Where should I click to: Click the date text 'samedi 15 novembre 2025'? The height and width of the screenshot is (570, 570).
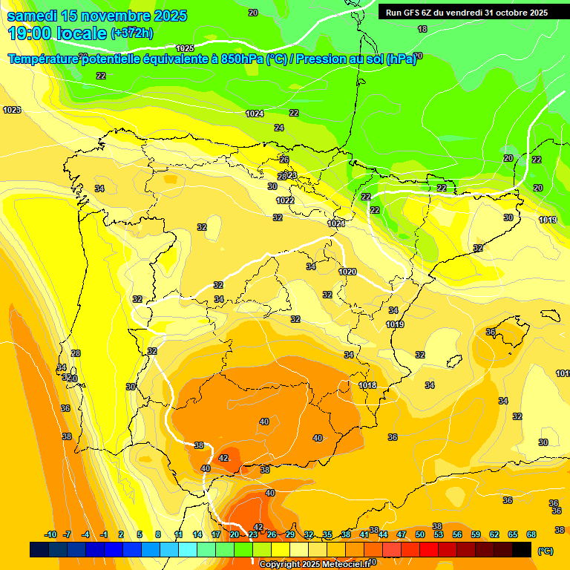click(x=96, y=16)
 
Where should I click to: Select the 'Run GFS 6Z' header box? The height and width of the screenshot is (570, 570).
click(x=466, y=12)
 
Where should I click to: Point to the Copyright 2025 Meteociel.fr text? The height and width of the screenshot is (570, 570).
click(x=314, y=564)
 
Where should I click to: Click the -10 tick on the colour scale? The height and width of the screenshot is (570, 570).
click(x=50, y=534)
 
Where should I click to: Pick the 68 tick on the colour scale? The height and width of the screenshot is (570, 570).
click(x=531, y=534)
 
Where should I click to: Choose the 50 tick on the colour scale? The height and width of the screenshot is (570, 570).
click(x=420, y=534)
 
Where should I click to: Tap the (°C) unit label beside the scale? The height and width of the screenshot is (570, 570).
click(x=545, y=551)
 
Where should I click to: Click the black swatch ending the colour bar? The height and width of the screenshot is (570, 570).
click(x=522, y=550)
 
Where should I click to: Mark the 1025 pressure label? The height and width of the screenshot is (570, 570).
click(x=185, y=48)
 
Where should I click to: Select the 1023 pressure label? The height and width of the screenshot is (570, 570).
click(x=12, y=110)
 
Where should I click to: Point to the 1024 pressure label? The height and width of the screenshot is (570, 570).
click(x=255, y=114)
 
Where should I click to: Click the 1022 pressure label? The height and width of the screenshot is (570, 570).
click(x=285, y=200)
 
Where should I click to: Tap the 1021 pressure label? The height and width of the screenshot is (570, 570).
click(x=336, y=223)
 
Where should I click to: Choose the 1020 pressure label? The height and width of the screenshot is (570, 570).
click(x=347, y=272)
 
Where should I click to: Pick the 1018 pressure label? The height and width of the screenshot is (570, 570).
click(x=367, y=385)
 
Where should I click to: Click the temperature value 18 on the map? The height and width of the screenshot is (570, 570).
click(x=422, y=29)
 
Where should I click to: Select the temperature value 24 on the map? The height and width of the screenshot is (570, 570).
click(x=279, y=128)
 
